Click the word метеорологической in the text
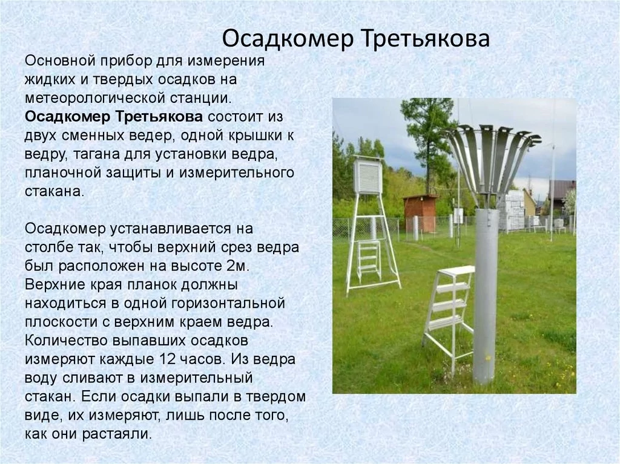pos(94,98)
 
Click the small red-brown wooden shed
pos(419,212)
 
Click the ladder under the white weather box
pos(369,258)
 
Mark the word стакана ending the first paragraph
pos(54,192)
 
